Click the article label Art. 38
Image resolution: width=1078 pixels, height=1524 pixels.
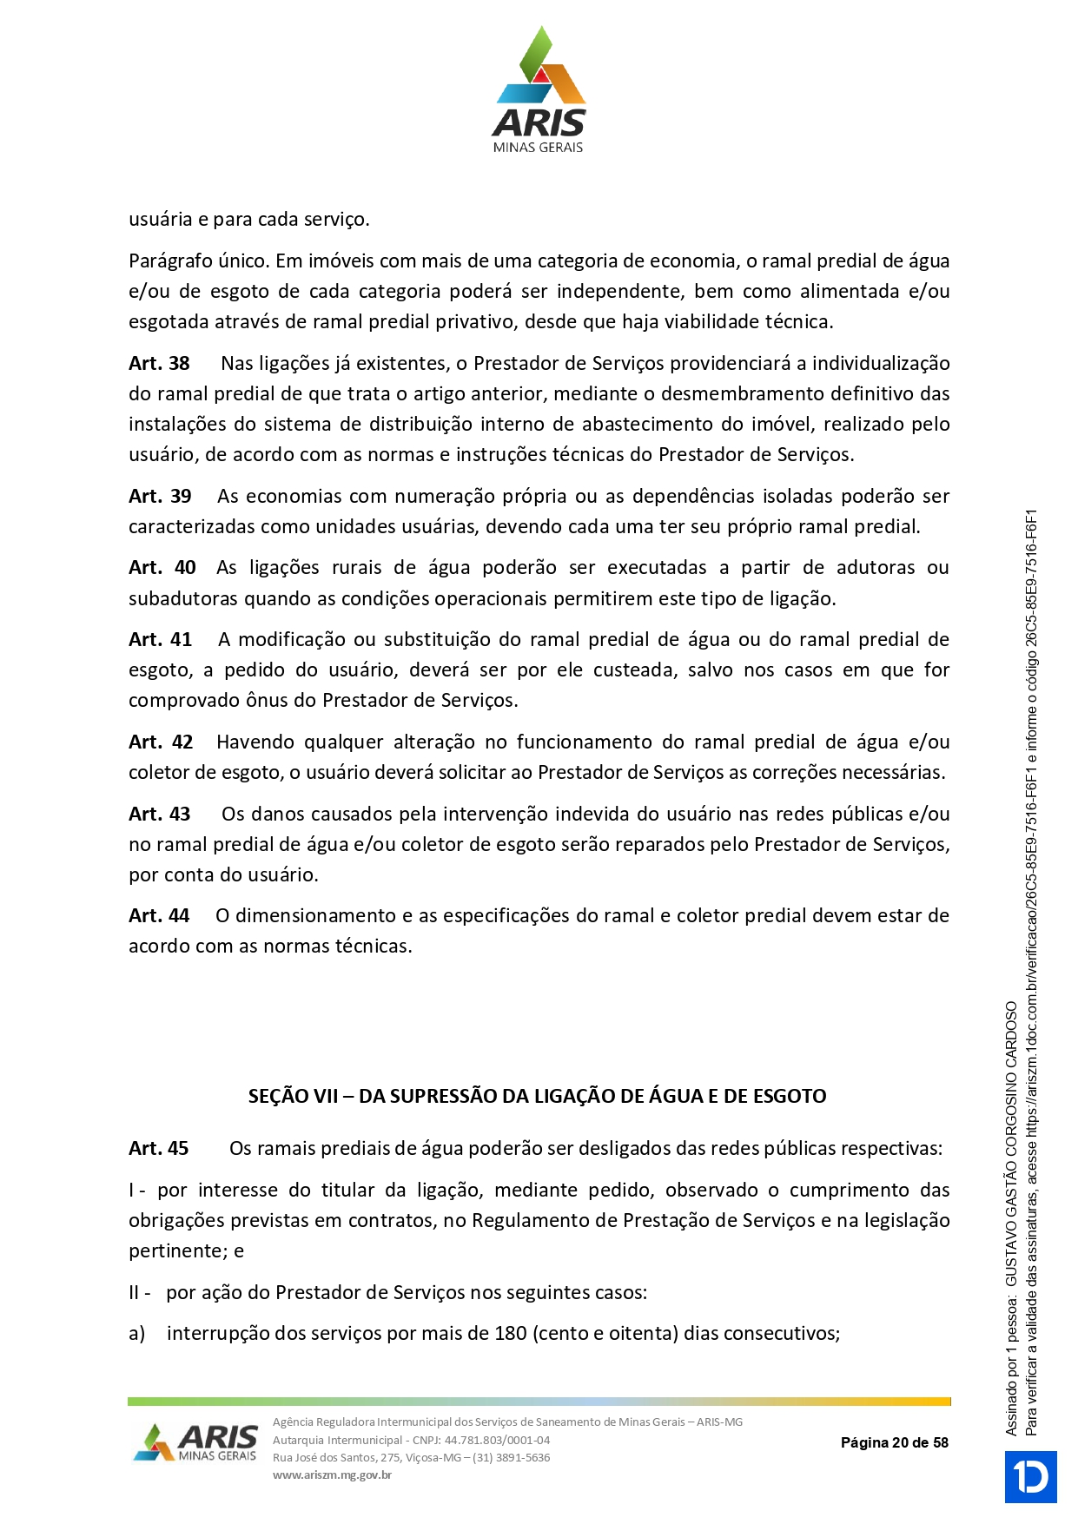(x=159, y=363)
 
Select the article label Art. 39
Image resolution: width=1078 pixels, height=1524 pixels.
(x=160, y=496)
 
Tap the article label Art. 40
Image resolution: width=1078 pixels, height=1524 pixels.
(x=162, y=567)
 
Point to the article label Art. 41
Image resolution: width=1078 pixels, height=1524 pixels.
(x=160, y=639)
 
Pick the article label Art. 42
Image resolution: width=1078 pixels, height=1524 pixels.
(x=161, y=742)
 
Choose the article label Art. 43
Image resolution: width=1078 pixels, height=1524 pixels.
(x=159, y=814)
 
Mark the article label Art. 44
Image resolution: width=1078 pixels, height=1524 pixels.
(x=159, y=915)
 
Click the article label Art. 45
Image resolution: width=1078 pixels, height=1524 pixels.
(x=159, y=1148)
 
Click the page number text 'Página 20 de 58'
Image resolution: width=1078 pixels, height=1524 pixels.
(x=894, y=1442)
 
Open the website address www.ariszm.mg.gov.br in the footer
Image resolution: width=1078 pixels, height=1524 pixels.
(x=332, y=1475)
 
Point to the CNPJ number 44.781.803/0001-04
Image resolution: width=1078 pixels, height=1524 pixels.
(x=497, y=1440)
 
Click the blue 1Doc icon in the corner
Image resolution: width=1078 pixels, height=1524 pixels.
(x=1030, y=1476)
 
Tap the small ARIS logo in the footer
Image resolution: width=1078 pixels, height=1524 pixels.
(x=195, y=1442)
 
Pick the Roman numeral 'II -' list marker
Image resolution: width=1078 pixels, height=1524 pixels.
(x=139, y=1292)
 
